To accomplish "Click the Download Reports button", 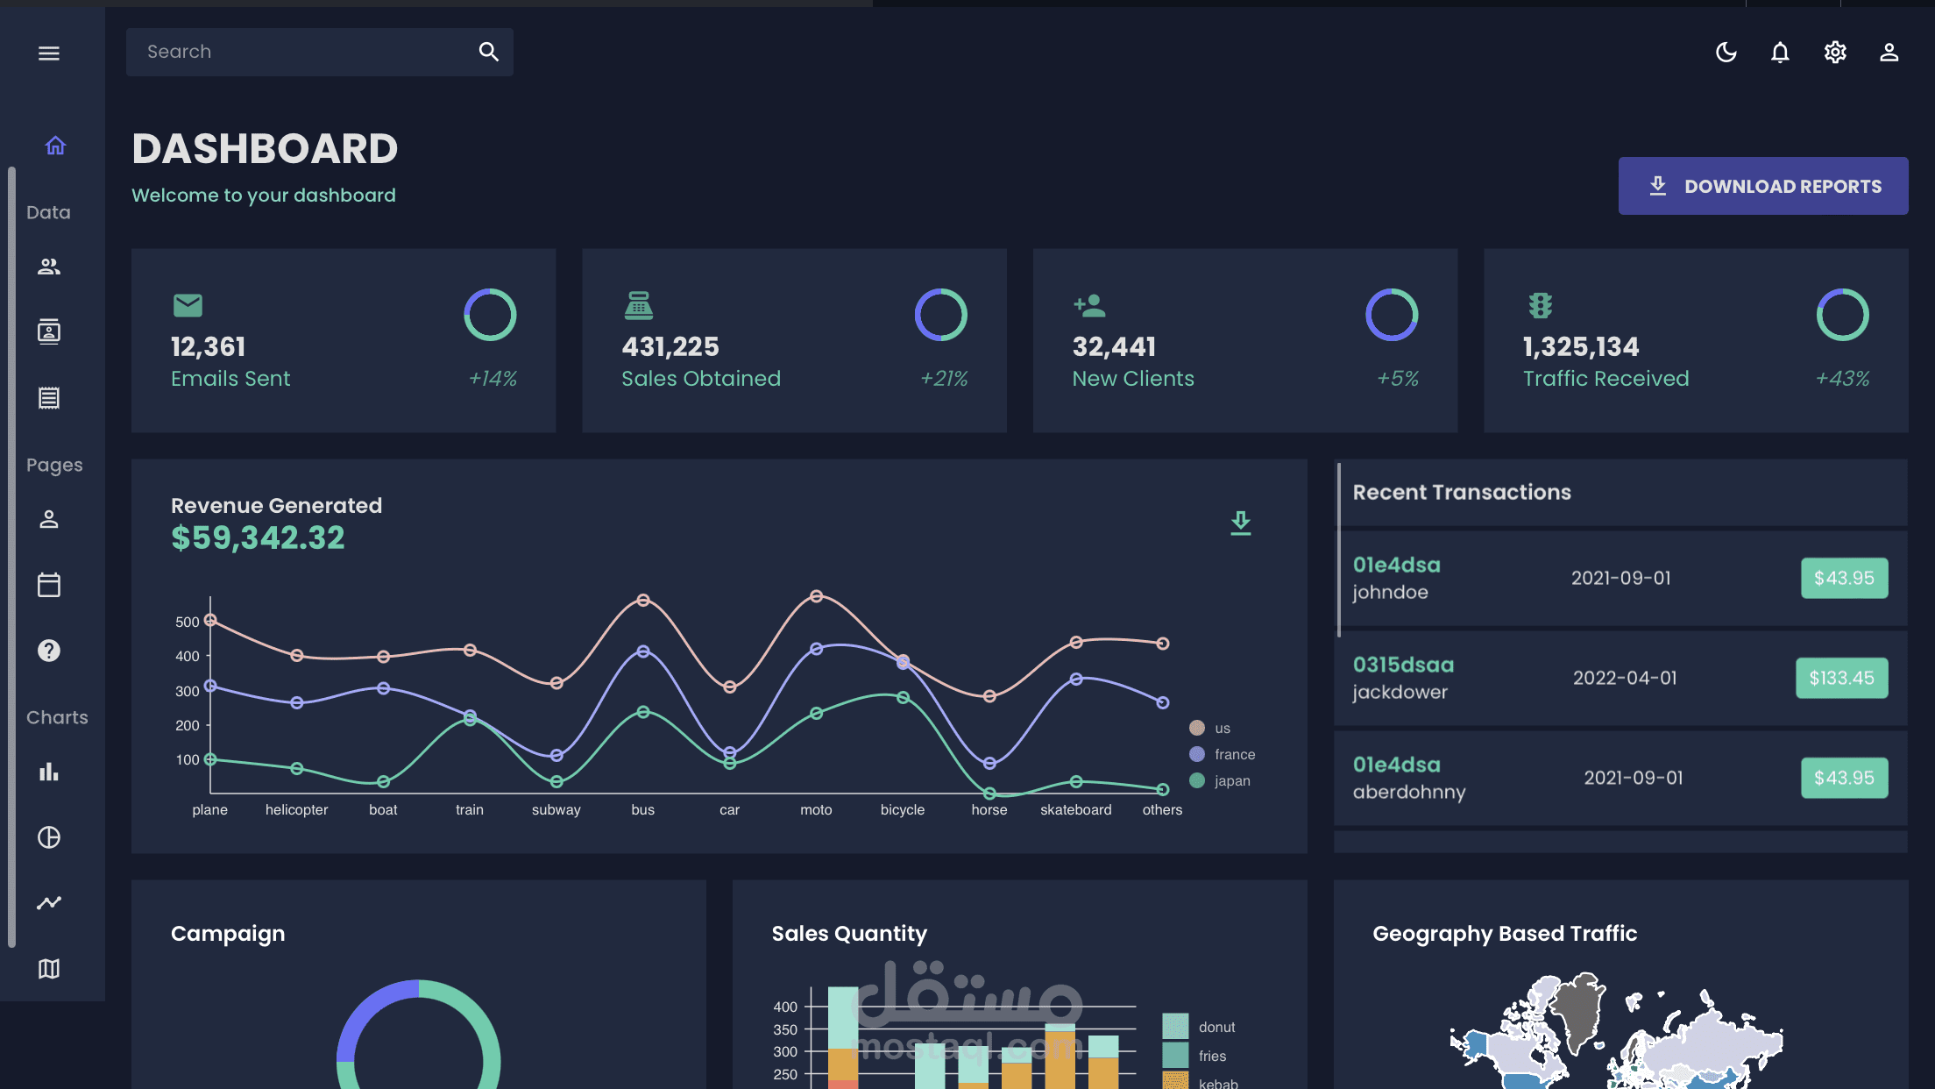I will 1762,186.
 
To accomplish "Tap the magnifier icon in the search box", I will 488,52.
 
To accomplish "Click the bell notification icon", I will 1779,53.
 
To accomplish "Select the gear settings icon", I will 1834,53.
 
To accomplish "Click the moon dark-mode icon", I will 1726,53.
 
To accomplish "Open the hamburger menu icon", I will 49,53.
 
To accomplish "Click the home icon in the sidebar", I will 55,146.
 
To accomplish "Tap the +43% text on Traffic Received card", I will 1842,379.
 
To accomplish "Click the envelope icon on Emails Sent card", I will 188,305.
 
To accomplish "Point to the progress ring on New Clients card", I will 1391,315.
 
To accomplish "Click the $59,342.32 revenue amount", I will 258,537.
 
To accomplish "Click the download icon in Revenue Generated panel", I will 1240,523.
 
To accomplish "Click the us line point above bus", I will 643,601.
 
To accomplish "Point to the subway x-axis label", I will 556,809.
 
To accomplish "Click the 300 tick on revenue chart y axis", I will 187,691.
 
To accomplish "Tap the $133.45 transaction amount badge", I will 1841,678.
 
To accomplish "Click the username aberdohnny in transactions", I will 1408,792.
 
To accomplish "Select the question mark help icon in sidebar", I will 49,651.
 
